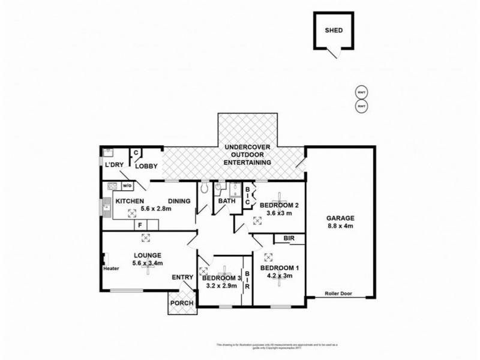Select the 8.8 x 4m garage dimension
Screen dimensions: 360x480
pyautogui.click(x=340, y=226)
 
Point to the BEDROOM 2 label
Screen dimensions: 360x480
pyautogui.click(x=280, y=205)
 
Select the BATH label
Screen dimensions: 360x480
pyautogui.click(x=226, y=201)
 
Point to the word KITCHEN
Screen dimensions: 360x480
pyautogui.click(x=128, y=201)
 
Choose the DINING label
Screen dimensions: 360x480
pyautogui.click(x=179, y=201)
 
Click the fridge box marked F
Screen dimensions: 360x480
pyautogui.click(x=140, y=225)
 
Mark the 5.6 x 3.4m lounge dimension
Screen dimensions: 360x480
pyautogui.click(x=148, y=263)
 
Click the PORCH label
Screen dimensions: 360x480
pyautogui.click(x=182, y=303)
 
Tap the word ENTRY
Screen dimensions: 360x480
pyautogui.click(x=182, y=277)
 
